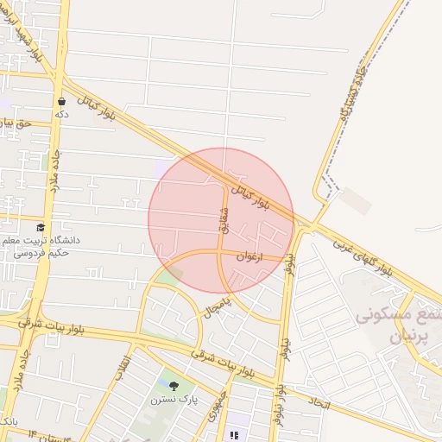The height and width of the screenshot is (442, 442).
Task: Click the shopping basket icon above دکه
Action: pos(60,101)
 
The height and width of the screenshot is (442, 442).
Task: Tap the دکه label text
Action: pos(60,113)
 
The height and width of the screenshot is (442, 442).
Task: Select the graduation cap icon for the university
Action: pos(41,228)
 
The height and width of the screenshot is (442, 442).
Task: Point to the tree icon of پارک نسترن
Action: pos(174,386)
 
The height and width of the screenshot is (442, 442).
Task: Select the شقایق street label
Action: pos(224,218)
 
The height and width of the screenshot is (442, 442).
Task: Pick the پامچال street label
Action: pos(220,303)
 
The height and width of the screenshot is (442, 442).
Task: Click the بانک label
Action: pos(8,420)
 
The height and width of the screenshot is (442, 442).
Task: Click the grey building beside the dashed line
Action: pos(355,201)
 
